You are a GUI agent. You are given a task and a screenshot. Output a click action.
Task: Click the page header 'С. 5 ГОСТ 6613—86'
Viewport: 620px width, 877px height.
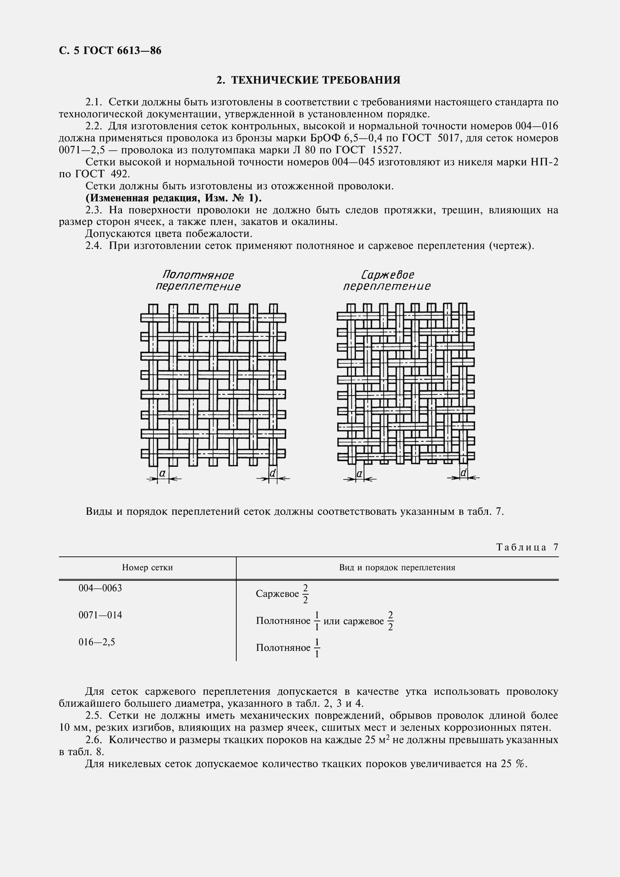[x=110, y=50]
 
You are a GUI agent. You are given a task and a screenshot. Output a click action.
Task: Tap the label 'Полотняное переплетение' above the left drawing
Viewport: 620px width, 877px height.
[x=198, y=281]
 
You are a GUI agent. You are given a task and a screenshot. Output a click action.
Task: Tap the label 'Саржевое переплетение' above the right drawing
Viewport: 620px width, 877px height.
[x=387, y=280]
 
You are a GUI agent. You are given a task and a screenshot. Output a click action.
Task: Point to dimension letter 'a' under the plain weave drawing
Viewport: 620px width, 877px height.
[x=162, y=473]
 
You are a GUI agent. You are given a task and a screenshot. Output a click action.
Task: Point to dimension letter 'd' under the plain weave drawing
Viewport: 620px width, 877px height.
[x=273, y=473]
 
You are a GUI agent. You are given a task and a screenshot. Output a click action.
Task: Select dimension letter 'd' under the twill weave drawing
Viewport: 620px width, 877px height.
[x=463, y=473]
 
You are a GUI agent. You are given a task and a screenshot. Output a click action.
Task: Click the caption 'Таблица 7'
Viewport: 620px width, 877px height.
[x=527, y=547]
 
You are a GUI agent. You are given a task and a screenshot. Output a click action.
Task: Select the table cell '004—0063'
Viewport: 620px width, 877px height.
[x=101, y=588]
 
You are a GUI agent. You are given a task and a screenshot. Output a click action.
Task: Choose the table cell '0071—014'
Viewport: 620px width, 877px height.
[x=101, y=615]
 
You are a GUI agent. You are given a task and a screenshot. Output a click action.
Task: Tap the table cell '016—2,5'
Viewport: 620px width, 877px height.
[x=97, y=642]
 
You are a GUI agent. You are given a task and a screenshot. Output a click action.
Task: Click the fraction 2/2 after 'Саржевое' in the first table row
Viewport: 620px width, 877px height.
[x=305, y=594]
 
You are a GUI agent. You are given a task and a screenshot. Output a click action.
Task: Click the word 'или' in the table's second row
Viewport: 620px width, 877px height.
[x=332, y=621]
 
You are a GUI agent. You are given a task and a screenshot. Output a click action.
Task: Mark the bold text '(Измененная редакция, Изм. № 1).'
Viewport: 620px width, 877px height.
[x=173, y=198]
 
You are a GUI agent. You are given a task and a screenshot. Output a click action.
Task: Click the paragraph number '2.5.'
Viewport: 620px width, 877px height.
[x=94, y=715]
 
